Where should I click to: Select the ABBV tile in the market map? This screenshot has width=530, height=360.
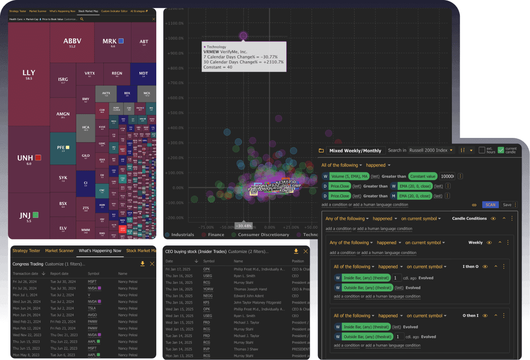pos(72,42)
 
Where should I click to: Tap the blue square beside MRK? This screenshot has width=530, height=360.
pos(121,41)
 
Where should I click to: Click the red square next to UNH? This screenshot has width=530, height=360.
pos(38,158)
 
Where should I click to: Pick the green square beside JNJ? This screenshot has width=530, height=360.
pos(36,215)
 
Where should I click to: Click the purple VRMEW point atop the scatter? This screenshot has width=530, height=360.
pos(243,36)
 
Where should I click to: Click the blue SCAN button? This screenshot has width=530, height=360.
pos(490,205)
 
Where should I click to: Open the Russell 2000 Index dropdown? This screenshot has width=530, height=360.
pos(434,151)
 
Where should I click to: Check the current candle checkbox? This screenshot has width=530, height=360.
pos(501,150)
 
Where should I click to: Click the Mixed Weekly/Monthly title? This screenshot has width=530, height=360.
pos(356,151)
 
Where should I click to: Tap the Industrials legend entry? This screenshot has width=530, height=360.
pos(183,235)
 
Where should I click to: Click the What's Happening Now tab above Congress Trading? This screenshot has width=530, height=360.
pos(100,251)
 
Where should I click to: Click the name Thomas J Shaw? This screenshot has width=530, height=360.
pos(247,349)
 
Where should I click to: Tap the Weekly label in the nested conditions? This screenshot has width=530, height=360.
pos(475,243)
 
